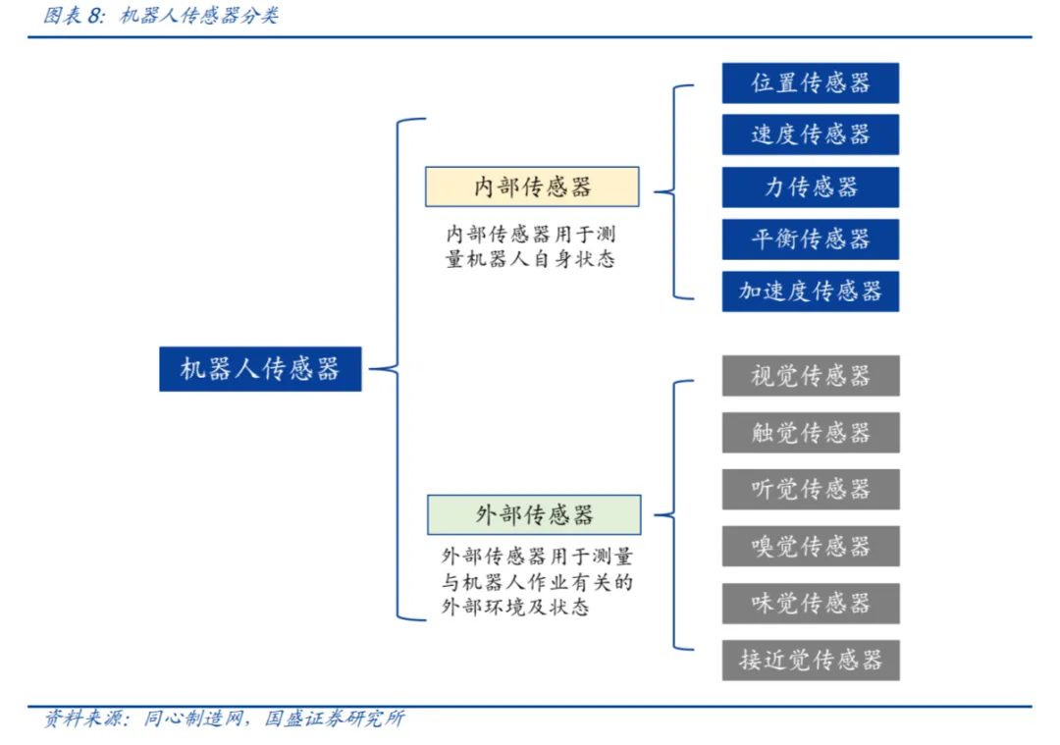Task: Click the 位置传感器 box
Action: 810,83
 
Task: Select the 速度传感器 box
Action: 810,134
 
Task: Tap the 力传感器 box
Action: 810,186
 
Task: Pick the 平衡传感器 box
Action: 810,239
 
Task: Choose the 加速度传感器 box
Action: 810,292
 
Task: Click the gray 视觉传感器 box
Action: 810,376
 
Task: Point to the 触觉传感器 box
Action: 810,433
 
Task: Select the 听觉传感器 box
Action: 810,489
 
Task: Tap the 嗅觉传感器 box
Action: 810,546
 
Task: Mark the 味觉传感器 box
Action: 810,603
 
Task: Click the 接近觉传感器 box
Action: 810,660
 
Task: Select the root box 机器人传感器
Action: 260,369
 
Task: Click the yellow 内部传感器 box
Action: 532,186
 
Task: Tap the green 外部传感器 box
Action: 534,514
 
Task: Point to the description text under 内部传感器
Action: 531,247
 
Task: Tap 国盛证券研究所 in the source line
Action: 335,718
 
